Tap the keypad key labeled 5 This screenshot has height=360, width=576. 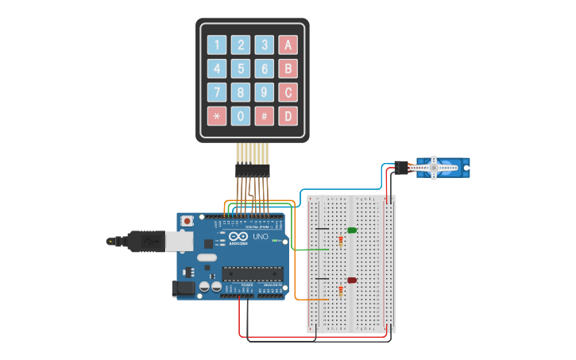[x=241, y=68]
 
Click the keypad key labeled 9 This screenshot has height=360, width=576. [x=265, y=92]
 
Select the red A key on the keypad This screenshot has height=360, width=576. [x=288, y=45]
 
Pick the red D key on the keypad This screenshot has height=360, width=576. [x=288, y=116]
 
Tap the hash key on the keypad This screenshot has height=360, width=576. [x=265, y=116]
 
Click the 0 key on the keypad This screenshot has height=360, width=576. [x=241, y=116]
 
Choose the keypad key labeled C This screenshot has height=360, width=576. [x=288, y=92]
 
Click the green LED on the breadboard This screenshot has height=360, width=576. [x=352, y=230]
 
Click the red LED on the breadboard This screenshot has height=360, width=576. [x=352, y=280]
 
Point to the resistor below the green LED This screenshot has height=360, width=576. [x=342, y=241]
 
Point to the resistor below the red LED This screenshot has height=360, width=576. [x=342, y=290]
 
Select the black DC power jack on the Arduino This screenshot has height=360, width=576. [x=184, y=289]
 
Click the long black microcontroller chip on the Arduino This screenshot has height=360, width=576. [x=252, y=274]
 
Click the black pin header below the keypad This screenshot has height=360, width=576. [x=252, y=169]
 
